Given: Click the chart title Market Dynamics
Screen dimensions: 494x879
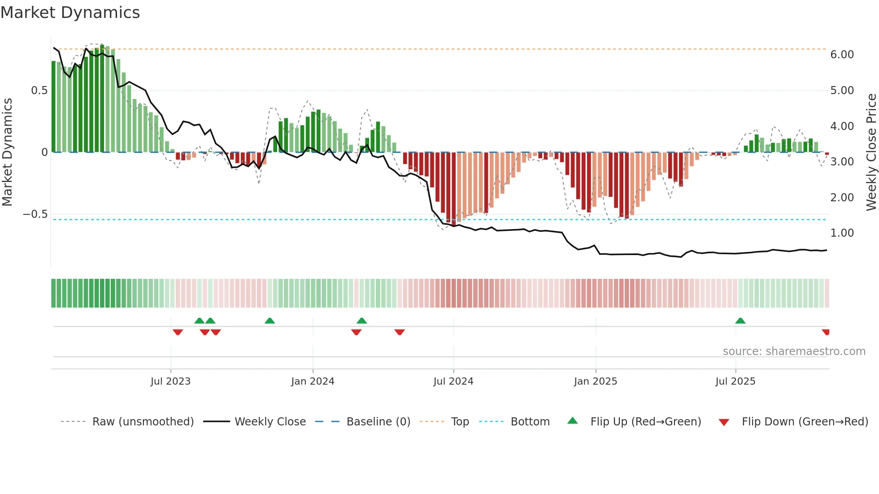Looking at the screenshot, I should point(70,13).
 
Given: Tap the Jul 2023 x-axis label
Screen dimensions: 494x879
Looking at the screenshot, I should point(170,381).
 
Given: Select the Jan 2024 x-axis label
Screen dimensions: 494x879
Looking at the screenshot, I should point(313,381).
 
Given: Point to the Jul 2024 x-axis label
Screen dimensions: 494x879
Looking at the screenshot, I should point(453,381).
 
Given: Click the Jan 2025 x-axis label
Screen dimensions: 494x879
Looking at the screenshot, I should point(595,381).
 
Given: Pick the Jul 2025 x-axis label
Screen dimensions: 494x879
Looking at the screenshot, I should point(735,381).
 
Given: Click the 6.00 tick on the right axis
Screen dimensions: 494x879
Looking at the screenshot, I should point(842,55).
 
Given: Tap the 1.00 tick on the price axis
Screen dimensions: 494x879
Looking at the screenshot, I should point(842,233).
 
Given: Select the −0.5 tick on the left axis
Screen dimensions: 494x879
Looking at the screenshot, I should point(35,214).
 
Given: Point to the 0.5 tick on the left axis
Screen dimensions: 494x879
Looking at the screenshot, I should point(39,91).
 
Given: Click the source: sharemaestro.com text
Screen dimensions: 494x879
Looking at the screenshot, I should point(794,351).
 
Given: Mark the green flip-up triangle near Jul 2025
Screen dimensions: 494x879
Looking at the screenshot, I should point(740,321).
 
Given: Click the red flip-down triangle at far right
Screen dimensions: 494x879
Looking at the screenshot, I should point(826,332).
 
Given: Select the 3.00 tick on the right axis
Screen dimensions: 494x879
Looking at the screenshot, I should point(842,162).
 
